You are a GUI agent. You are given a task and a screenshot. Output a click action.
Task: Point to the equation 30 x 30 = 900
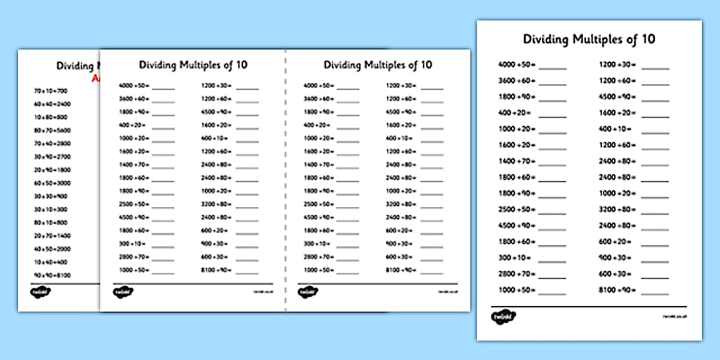51,196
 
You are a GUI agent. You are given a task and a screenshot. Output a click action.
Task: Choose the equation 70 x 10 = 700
51,90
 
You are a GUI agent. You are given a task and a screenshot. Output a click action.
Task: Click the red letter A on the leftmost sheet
95,79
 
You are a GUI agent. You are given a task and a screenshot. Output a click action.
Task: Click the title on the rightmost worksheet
589,39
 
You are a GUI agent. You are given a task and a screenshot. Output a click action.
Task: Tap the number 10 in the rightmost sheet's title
648,39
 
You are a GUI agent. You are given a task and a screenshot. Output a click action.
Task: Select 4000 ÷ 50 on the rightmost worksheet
516,65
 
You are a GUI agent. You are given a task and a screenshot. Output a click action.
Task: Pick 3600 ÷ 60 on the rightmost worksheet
516,81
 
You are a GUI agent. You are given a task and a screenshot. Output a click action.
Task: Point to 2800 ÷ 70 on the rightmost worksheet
516,274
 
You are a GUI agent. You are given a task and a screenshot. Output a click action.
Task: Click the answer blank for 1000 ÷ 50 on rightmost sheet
553,292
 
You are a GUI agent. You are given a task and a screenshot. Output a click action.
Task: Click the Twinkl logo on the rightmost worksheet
502,317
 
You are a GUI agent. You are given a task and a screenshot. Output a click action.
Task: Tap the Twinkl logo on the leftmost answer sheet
41,291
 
